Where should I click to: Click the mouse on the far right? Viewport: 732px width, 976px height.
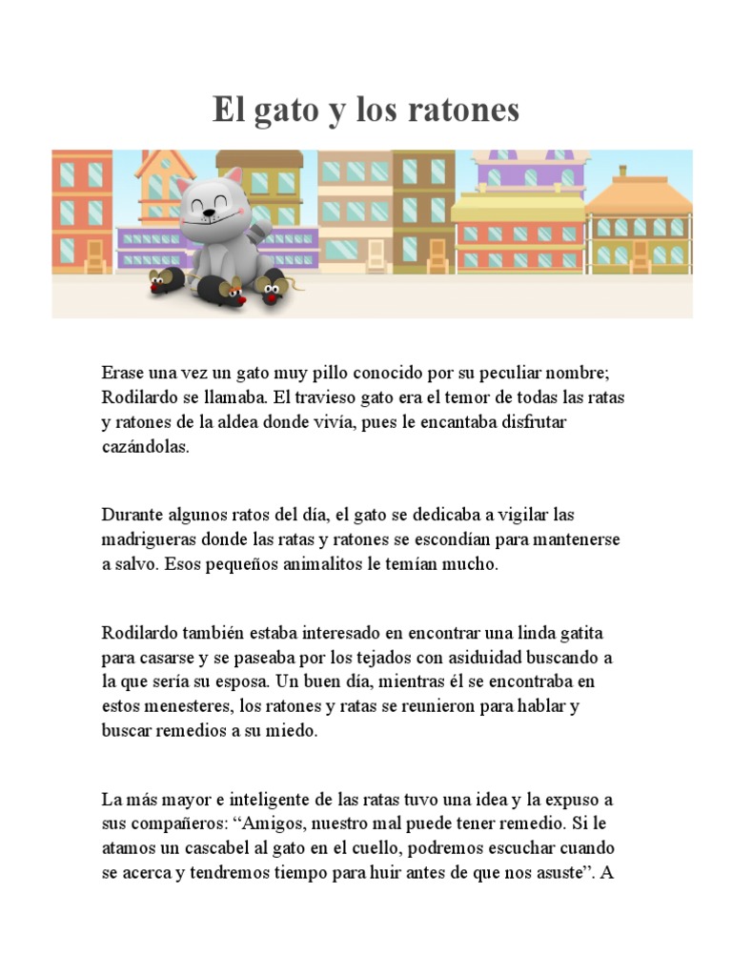click(x=274, y=288)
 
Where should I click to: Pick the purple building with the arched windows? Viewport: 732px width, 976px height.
click(x=530, y=173)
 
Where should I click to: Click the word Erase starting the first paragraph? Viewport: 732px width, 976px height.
click(x=123, y=373)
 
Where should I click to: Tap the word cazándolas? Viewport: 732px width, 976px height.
click(x=146, y=447)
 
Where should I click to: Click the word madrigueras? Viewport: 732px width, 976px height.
click(x=145, y=539)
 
